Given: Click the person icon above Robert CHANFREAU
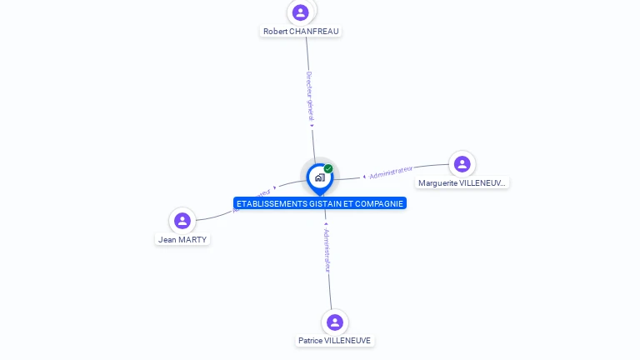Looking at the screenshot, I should (301, 12).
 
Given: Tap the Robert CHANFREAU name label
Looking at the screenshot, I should (302, 32).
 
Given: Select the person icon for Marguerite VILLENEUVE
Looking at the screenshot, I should (462, 164).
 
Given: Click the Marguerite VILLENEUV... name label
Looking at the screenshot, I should (462, 183).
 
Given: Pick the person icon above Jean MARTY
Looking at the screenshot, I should (182, 221).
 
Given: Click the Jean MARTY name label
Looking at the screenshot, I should (182, 240).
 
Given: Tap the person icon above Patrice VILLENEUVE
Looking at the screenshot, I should (335, 322).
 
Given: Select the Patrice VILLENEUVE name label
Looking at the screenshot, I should (335, 341).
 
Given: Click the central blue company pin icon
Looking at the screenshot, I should (319, 177).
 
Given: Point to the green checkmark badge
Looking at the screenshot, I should (328, 168).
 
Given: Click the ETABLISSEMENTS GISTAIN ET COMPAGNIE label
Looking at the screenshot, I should (320, 203).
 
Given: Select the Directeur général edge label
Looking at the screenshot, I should (309, 97).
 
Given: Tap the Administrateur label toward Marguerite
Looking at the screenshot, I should (391, 172).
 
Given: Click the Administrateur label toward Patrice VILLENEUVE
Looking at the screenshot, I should (327, 250).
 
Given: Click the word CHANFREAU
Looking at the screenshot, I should (315, 32).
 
